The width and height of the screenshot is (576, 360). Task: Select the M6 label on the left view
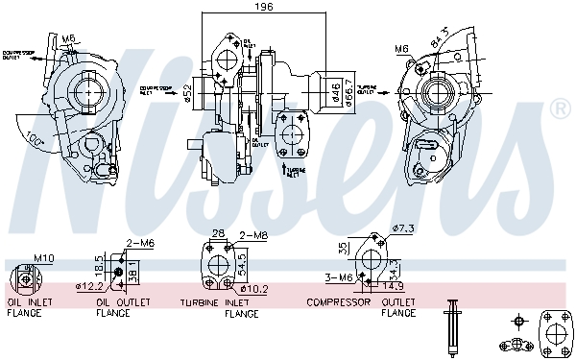click(68, 38)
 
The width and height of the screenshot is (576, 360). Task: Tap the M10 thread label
click(44, 257)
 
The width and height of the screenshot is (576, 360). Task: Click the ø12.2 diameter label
click(91, 286)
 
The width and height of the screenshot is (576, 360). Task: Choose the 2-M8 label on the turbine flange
click(252, 235)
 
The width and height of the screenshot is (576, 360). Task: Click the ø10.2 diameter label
click(253, 287)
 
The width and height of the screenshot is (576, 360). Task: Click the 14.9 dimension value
click(393, 285)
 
